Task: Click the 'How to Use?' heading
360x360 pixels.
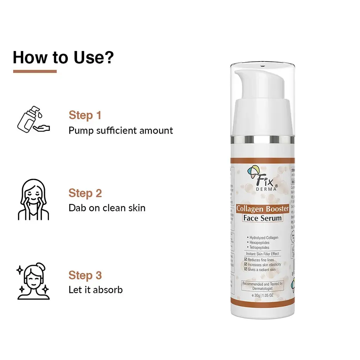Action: click(x=63, y=57)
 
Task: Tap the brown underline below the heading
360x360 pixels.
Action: click(x=35, y=71)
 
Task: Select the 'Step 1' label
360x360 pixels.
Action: click(x=85, y=115)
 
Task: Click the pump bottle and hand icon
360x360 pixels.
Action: click(x=33, y=119)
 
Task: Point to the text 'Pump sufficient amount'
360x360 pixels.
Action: click(x=121, y=130)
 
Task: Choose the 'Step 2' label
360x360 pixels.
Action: click(x=85, y=193)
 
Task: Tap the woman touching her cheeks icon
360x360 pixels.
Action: click(x=33, y=199)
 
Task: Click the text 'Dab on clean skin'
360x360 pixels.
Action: click(x=107, y=208)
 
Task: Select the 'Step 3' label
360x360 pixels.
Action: click(x=85, y=275)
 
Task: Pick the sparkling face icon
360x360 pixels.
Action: click(x=33, y=282)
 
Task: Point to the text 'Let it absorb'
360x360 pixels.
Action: click(x=96, y=290)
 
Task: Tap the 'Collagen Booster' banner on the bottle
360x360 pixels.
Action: click(x=262, y=208)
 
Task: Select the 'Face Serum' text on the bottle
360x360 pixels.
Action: click(x=262, y=218)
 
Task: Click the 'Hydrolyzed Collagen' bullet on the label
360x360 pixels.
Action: click(x=263, y=238)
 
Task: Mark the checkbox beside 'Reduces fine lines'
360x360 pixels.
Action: click(x=245, y=260)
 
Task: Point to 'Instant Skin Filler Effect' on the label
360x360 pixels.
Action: click(x=262, y=254)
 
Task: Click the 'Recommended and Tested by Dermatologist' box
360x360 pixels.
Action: click(x=262, y=286)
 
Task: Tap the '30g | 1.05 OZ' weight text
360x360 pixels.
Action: click(x=262, y=296)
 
